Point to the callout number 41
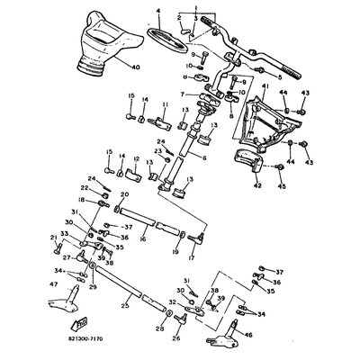pos(265,87)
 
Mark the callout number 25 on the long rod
pos(124,307)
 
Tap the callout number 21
pos(55,237)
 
